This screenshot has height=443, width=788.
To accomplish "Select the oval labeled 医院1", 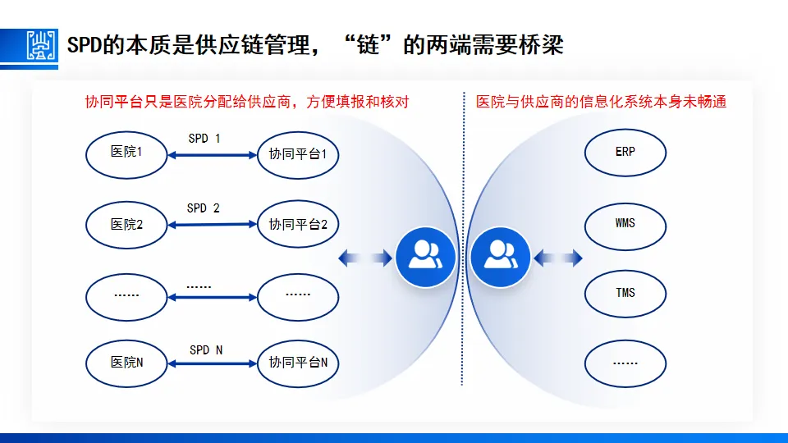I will (127, 152).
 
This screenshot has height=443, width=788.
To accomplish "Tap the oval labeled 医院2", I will (127, 222).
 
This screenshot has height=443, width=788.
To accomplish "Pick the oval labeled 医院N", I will (127, 361).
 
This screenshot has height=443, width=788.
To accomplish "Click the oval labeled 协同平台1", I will (298, 153).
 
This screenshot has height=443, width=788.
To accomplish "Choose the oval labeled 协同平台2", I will (298, 224).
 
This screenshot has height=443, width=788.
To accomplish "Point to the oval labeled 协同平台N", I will (298, 362).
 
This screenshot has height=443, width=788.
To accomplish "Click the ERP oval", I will (625, 152).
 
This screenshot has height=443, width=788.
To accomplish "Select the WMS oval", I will (625, 222).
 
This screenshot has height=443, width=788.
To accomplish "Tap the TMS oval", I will (625, 292).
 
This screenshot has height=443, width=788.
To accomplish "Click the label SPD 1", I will (204, 139).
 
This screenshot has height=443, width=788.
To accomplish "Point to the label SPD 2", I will (204, 208).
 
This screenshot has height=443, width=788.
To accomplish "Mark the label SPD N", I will (206, 350).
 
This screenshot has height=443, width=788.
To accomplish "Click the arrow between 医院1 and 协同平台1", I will (213, 153).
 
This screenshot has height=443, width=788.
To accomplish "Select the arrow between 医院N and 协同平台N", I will (213, 362).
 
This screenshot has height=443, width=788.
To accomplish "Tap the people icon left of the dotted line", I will (425, 258).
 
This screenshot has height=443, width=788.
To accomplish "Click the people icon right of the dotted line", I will (501, 258).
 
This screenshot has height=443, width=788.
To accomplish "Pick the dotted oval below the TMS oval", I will (625, 362).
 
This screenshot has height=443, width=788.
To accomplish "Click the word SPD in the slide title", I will (85, 44).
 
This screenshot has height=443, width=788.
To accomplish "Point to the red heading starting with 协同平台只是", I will (247, 102).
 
